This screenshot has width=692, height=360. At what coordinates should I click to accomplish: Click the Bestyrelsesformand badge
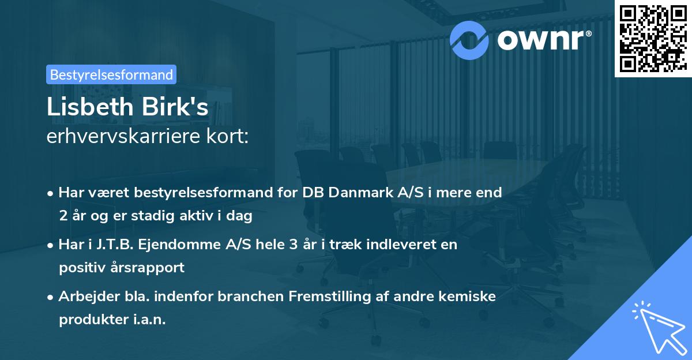(111, 74)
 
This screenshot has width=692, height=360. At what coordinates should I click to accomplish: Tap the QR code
(653, 38)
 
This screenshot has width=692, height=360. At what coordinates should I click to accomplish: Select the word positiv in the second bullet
(80, 267)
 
